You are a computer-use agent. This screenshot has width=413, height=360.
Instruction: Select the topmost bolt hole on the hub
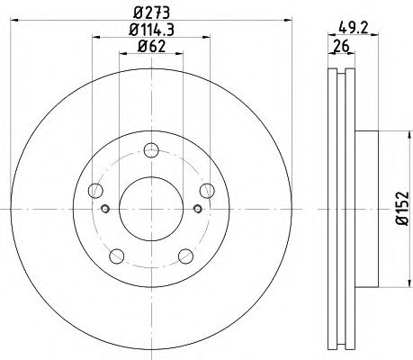tap(150, 150)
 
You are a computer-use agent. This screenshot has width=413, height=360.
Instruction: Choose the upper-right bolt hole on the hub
tap(207, 190)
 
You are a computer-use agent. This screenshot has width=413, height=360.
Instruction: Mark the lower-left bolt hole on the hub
tap(116, 255)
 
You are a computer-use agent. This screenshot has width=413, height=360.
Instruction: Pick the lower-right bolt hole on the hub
tap(185, 255)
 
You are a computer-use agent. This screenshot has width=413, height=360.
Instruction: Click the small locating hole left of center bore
tap(106, 211)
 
